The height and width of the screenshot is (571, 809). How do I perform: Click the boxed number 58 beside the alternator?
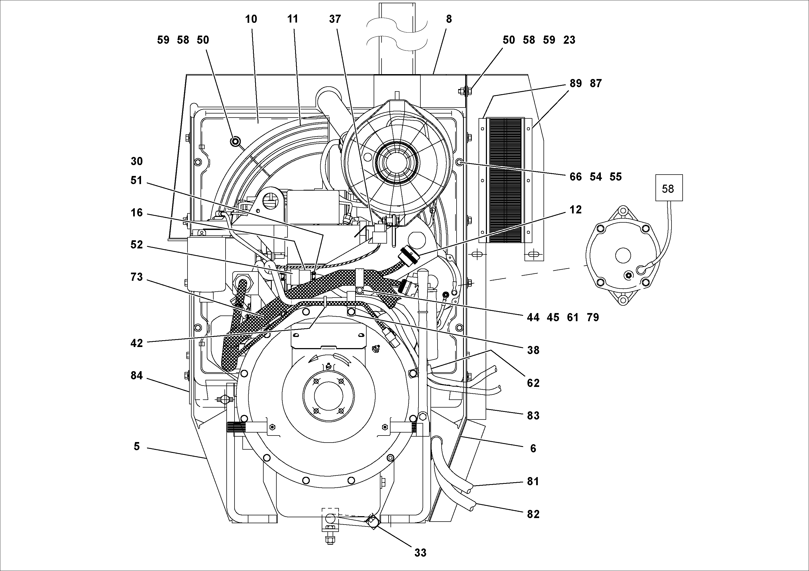coord(669,189)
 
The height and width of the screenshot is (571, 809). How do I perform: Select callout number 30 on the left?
coord(137,161)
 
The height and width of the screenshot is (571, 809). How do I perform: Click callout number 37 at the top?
coord(335,19)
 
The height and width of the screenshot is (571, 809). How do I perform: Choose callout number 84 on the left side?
coord(137,376)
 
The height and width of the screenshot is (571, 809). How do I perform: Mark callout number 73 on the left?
coord(137,277)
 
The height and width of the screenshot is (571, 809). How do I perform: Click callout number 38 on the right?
coord(533,350)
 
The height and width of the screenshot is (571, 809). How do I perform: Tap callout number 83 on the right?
coord(533,415)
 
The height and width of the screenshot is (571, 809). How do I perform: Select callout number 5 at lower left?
coord(137,446)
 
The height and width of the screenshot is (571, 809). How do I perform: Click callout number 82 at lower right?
coord(533,514)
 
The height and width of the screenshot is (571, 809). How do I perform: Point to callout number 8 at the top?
coord(449,19)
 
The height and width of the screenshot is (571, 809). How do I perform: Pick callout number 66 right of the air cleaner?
coord(575,176)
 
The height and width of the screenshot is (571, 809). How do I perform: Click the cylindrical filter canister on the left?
coord(206,264)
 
